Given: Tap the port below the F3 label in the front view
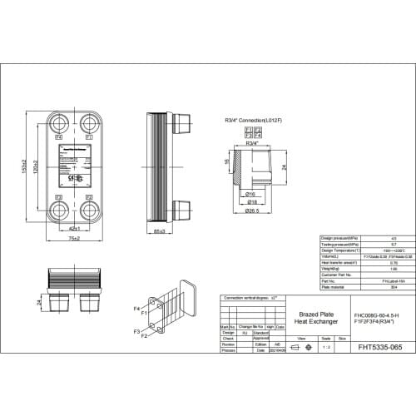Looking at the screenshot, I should click(x=60, y=209).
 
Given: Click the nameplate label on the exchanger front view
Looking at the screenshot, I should click(x=74, y=166).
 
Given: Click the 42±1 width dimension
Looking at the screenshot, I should click(x=74, y=227).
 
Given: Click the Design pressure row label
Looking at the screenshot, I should click(x=342, y=239).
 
